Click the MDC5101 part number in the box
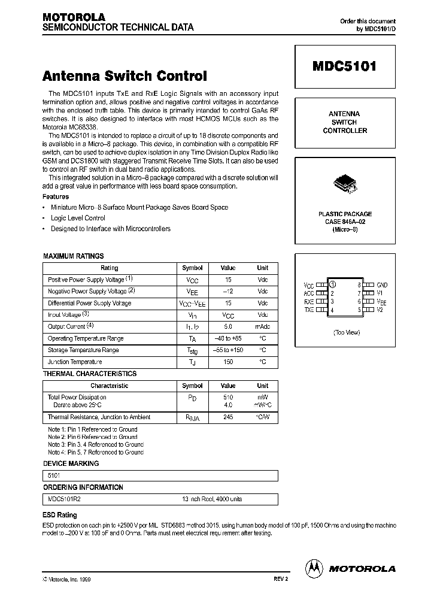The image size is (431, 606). (x=344, y=67)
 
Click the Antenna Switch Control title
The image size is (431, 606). (x=125, y=76)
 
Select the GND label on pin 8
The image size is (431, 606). (x=382, y=285)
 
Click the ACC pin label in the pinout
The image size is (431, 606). (x=309, y=293)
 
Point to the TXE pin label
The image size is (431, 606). (x=309, y=310)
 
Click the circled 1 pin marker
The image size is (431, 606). (x=333, y=285)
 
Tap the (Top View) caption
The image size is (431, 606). (x=346, y=332)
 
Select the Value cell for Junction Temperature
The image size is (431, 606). (x=227, y=362)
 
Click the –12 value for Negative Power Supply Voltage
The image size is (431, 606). (x=227, y=291)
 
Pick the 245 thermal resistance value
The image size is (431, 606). (x=227, y=417)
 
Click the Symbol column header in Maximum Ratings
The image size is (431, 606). (x=192, y=268)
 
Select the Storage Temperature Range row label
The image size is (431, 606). (x=83, y=350)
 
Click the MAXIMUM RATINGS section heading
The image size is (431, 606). (x=73, y=256)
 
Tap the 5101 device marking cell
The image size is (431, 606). (x=54, y=475)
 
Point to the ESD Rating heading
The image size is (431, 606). (x=59, y=514)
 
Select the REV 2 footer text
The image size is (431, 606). (x=273, y=580)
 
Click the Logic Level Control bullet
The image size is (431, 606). (x=78, y=218)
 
